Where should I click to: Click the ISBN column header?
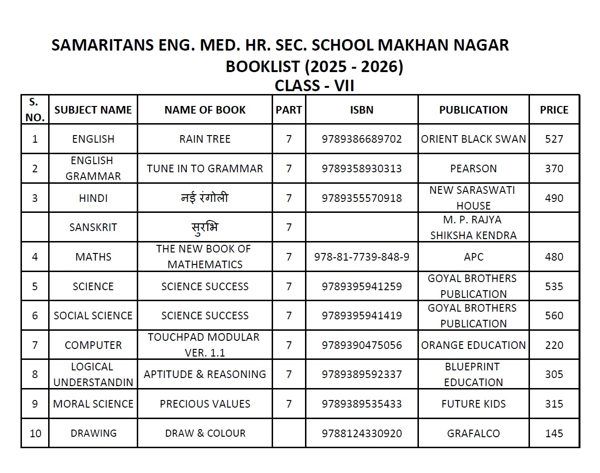362,110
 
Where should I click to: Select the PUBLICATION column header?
473,110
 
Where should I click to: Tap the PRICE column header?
554,110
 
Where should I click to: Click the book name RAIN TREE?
205,139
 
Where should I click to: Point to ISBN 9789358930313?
362,168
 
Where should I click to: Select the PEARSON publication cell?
473,168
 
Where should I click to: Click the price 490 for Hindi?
554,198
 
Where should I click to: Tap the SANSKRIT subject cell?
93,227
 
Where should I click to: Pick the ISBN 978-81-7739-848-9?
362,257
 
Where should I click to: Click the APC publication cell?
473,257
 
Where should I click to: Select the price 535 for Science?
554,286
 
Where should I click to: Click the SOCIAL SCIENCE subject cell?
93,315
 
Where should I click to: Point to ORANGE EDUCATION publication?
473,345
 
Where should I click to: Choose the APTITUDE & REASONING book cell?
205,374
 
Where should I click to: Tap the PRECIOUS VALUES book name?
205,404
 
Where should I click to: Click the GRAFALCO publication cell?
473,433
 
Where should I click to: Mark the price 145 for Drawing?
554,433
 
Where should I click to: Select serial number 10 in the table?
35,433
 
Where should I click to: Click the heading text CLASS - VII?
315,86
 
